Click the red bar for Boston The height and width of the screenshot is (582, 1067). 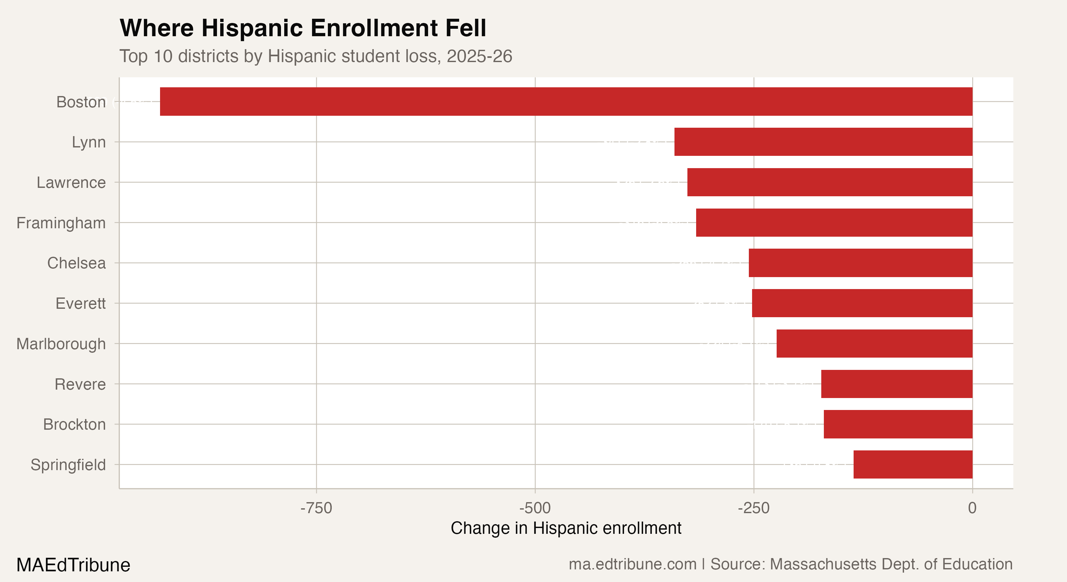(x=566, y=102)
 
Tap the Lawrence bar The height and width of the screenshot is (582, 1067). (x=830, y=182)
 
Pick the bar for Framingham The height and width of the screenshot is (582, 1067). (x=834, y=222)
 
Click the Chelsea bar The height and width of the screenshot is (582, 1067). (x=860, y=263)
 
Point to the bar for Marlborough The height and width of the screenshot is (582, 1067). (x=874, y=343)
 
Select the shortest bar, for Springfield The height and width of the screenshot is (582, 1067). (x=912, y=464)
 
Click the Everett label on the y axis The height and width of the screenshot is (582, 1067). (x=81, y=304)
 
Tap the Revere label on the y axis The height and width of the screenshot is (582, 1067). (x=81, y=384)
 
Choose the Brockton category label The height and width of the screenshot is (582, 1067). (x=75, y=425)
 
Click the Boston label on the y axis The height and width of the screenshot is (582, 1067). (x=81, y=102)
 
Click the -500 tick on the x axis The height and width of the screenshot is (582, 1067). (x=535, y=508)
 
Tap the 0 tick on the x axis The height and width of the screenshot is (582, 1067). (x=972, y=508)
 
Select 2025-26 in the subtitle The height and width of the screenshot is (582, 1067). (x=479, y=56)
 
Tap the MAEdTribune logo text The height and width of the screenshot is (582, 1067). (x=73, y=565)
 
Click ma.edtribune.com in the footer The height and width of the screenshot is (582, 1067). (x=632, y=564)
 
